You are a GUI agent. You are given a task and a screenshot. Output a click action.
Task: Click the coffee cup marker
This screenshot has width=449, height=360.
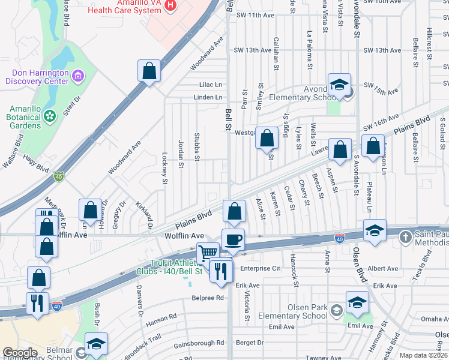(234, 239)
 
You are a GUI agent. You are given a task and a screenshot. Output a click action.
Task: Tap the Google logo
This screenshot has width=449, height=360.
(20, 353)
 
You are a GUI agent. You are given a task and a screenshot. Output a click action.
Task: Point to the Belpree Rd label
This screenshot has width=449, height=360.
(207, 297)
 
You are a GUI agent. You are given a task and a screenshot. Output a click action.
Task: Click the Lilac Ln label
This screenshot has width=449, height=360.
(210, 85)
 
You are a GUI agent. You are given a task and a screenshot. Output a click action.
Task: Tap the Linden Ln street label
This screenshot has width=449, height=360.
(208, 97)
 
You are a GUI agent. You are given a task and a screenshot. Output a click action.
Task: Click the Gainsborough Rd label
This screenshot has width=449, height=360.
(199, 343)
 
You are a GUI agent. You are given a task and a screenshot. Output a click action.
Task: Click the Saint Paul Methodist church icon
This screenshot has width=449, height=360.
(406, 237)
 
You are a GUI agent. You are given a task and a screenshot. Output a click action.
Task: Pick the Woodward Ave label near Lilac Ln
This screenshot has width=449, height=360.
(206, 53)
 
